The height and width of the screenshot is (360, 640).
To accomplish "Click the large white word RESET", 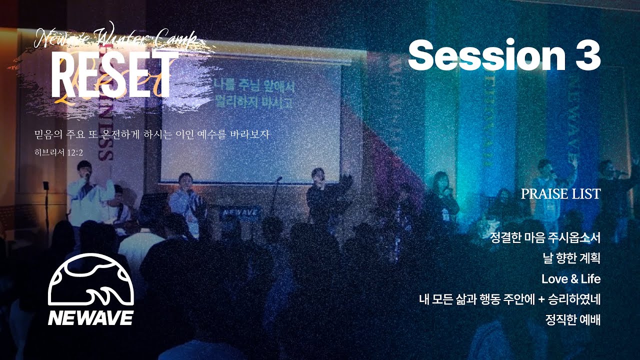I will point(111,76).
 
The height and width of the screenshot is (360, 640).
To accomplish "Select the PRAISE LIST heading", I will point(560,194).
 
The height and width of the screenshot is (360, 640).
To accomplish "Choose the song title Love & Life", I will point(570,278).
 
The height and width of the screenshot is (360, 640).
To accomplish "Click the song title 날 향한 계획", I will point(571,258).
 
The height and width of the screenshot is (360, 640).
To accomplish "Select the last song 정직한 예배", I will point(573,320).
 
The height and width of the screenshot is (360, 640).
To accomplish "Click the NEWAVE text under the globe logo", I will point(90,318).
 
